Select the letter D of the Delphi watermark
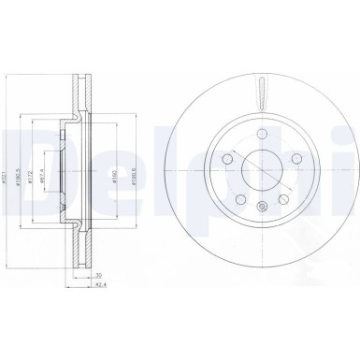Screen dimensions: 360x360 click(23, 154)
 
